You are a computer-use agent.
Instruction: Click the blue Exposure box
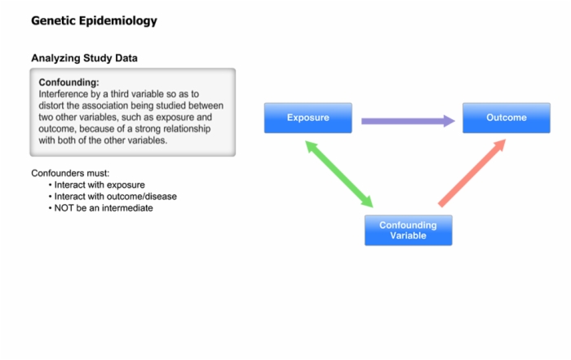click(x=308, y=118)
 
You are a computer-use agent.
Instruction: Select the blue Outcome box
click(x=507, y=118)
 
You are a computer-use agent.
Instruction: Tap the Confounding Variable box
click(x=409, y=230)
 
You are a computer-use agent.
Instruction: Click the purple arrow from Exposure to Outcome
click(x=408, y=121)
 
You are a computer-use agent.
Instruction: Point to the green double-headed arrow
click(x=339, y=174)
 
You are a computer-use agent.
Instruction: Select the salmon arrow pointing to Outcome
click(x=472, y=173)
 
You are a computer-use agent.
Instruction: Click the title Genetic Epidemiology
click(x=94, y=20)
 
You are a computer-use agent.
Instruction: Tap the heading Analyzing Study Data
click(x=84, y=58)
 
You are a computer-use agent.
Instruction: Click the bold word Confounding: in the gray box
click(x=69, y=82)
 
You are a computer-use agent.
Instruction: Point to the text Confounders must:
click(x=70, y=173)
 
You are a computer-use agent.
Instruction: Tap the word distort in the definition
click(x=51, y=105)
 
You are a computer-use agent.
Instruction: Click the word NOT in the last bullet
click(x=64, y=208)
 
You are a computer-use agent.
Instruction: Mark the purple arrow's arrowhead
click(x=449, y=121)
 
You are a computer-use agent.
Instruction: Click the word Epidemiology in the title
click(x=118, y=21)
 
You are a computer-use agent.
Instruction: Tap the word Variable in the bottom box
click(x=408, y=236)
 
